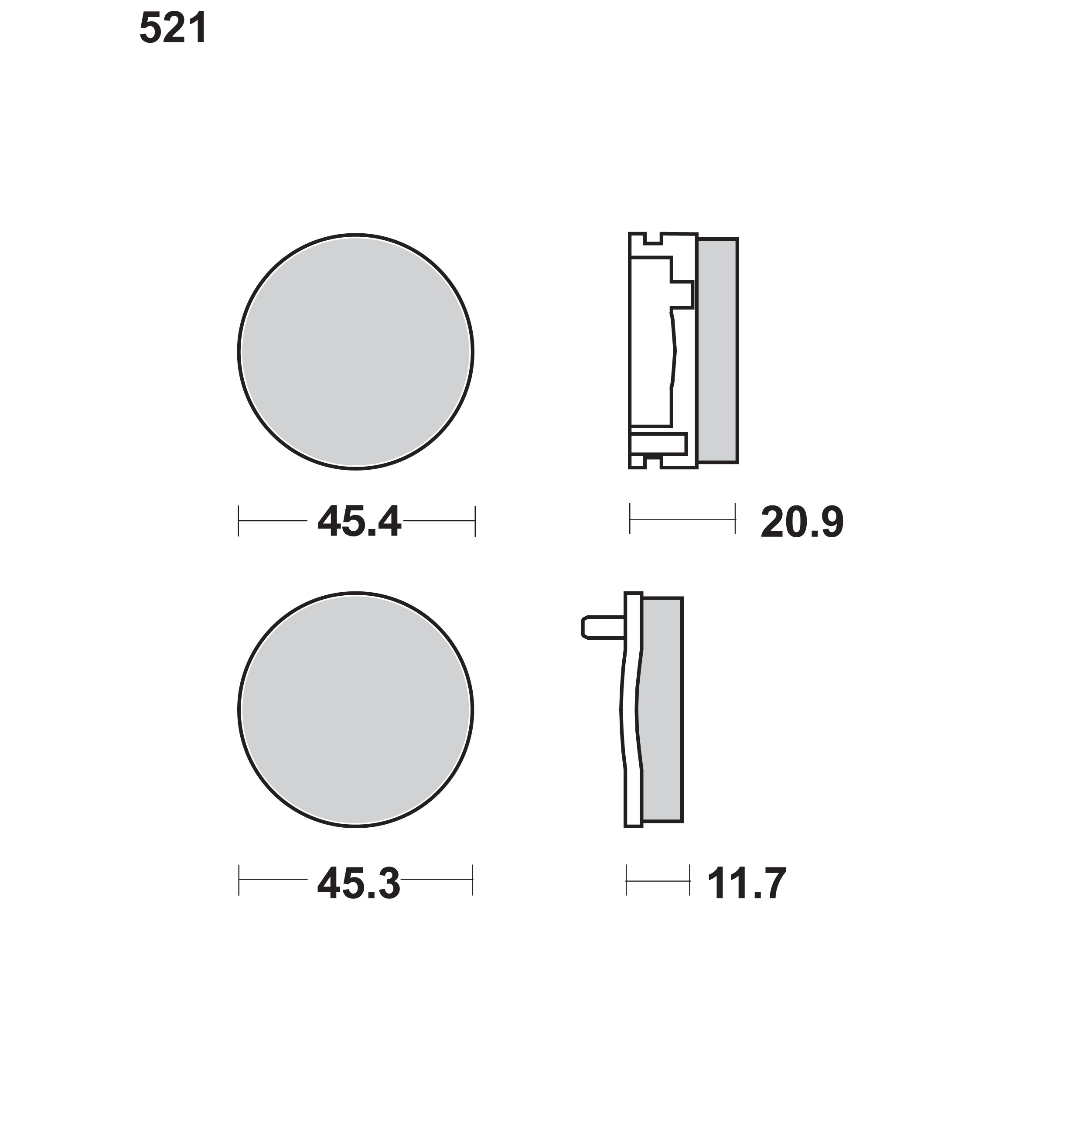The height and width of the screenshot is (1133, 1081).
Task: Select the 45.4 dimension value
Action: pyautogui.click(x=359, y=522)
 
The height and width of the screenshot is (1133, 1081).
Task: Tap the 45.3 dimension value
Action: pyautogui.click(x=358, y=884)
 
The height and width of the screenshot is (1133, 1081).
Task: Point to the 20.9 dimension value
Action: pyautogui.click(x=802, y=522)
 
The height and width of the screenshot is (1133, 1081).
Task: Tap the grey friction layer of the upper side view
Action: pyautogui.click(x=717, y=350)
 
